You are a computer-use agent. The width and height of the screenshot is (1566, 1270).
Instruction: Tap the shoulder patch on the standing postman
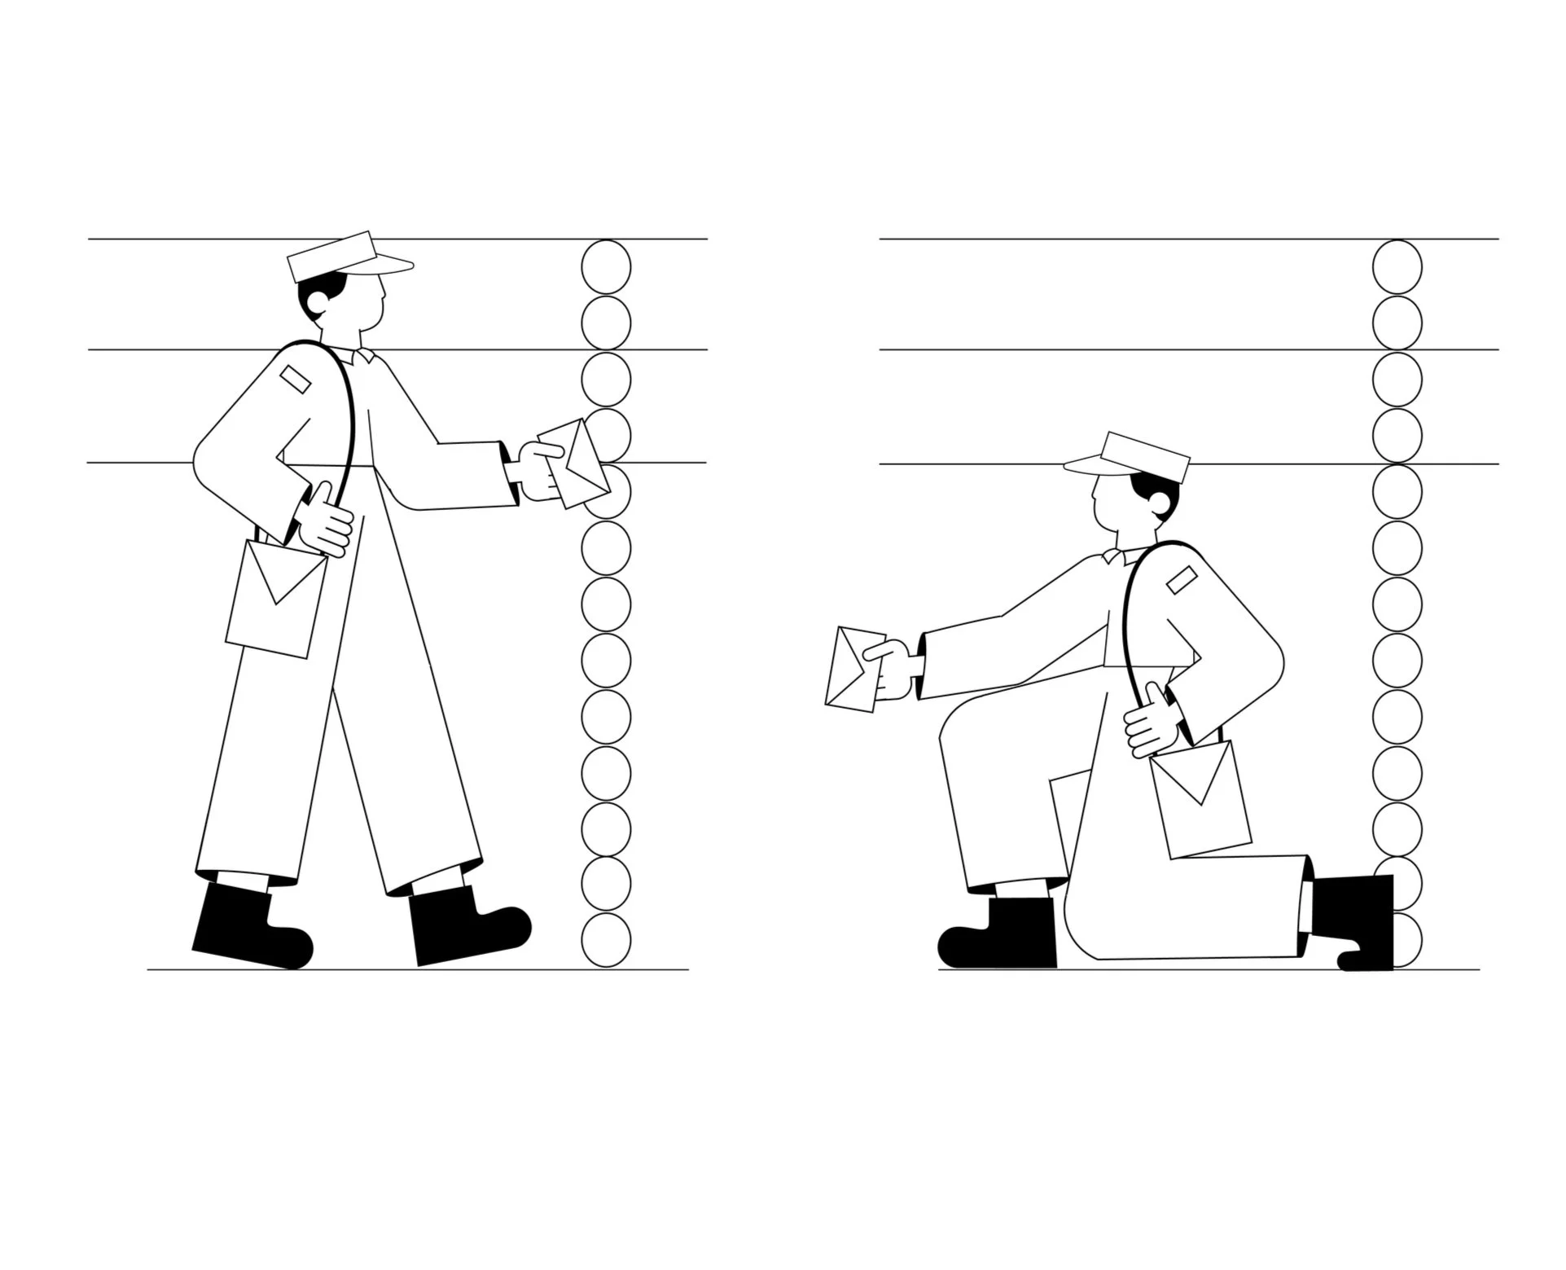pos(295,379)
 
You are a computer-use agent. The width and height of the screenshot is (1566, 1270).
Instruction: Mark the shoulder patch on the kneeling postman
pos(1182,580)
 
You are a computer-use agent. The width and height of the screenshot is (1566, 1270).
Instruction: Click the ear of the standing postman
pos(318,303)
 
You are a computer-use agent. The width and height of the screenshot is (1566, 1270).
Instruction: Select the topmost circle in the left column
pos(606,267)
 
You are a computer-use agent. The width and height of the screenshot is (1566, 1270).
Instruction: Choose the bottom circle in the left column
pos(606,940)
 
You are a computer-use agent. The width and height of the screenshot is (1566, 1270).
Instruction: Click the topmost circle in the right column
pos(1397,267)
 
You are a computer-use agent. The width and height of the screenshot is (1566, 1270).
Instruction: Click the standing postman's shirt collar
pos(362,355)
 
